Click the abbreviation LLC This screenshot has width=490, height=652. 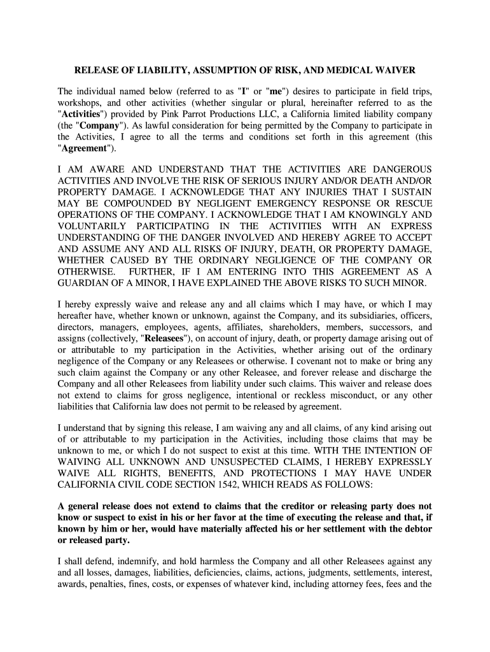point(298,114)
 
